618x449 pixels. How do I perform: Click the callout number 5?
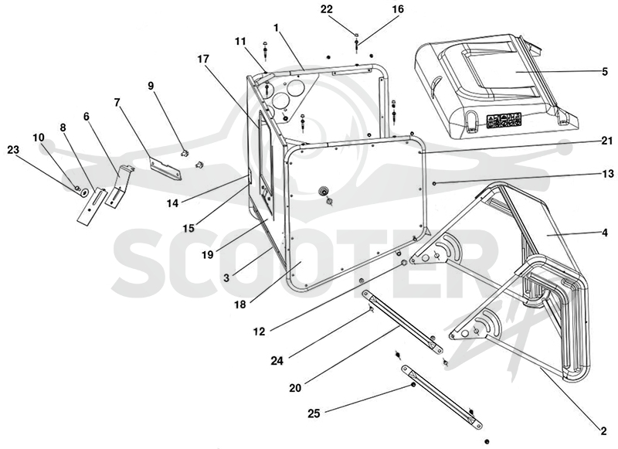(x=605, y=72)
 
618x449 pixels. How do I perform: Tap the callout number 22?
(x=327, y=9)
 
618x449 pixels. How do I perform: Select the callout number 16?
(x=399, y=9)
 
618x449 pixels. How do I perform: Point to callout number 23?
(x=13, y=149)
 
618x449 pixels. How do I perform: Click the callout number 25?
(x=314, y=413)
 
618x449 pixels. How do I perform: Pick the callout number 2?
(x=603, y=431)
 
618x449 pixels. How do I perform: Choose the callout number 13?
(x=608, y=173)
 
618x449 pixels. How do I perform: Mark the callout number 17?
(x=203, y=59)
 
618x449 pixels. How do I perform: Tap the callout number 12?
(x=259, y=332)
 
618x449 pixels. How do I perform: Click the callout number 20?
(x=295, y=388)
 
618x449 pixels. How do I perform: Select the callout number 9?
(x=151, y=86)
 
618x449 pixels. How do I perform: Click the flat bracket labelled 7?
(x=165, y=168)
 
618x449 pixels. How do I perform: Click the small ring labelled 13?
(x=434, y=183)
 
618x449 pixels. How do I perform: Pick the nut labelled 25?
(x=413, y=385)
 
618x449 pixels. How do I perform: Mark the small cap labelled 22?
(x=356, y=35)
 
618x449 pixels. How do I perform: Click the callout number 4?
(x=604, y=232)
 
